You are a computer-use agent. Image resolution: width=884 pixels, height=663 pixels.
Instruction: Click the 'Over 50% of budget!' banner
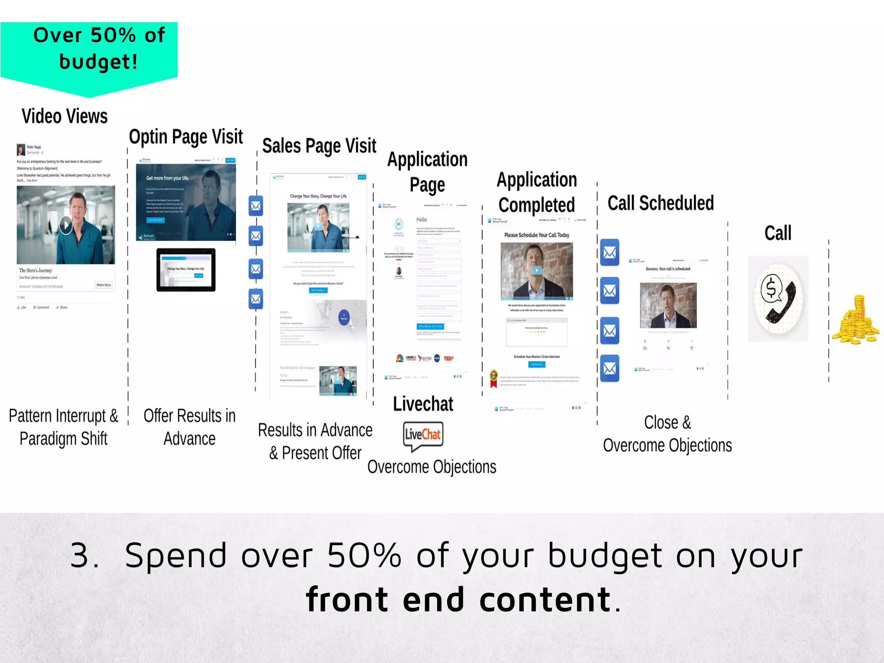89,48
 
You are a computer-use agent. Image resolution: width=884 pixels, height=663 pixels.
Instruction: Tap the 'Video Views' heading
65,117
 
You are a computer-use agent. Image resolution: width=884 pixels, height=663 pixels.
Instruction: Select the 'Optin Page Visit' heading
186,137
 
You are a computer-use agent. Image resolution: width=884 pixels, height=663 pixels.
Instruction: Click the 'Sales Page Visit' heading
319,146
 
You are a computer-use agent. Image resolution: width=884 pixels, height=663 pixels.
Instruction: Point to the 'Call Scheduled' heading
660,203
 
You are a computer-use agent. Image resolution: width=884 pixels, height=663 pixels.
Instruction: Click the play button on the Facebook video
66,225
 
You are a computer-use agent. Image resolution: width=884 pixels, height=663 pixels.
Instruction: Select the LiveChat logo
423,435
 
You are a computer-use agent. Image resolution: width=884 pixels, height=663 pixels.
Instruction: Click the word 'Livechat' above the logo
423,404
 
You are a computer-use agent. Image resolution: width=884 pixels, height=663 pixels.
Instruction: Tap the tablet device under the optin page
186,270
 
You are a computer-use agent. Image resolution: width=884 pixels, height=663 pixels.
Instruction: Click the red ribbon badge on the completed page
493,378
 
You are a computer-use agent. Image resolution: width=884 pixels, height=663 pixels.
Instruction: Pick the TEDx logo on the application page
448,358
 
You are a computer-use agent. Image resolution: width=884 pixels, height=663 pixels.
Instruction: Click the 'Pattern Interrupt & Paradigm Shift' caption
63,427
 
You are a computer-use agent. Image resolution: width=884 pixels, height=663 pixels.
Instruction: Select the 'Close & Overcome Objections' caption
667,434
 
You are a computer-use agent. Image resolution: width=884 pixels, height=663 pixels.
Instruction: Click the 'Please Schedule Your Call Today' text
537,235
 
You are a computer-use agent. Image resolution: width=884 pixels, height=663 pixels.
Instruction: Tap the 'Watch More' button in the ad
104,285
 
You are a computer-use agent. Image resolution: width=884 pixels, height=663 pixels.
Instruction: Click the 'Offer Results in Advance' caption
189,427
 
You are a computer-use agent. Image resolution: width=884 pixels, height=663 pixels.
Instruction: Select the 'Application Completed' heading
537,193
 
